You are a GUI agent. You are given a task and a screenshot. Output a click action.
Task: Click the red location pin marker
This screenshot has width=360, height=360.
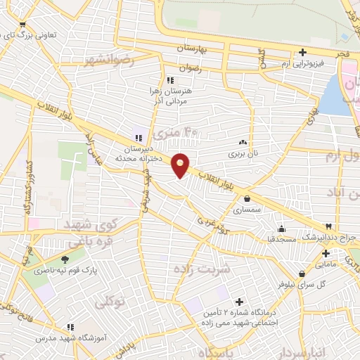click(181, 165)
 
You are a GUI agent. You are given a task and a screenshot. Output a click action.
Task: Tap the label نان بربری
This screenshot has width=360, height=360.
click(242, 152)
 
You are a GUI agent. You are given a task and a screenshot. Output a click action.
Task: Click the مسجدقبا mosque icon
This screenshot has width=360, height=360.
click(281, 228)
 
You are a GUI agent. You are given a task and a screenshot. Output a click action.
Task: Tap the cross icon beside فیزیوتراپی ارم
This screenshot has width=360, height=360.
click(302, 51)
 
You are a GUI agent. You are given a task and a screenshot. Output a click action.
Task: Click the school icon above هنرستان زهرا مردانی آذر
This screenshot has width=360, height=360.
click(169, 80)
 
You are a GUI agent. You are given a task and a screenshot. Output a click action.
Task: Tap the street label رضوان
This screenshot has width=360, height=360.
click(191, 68)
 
